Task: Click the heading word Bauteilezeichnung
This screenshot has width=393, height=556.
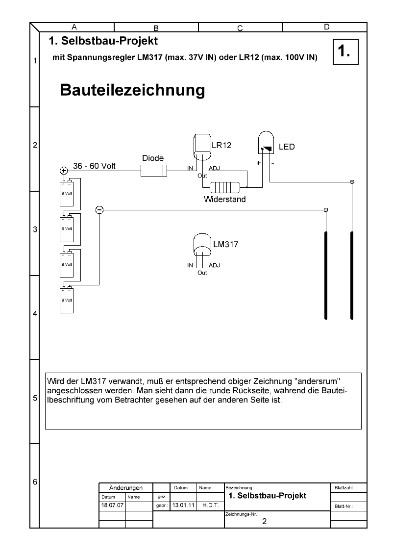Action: point(132,90)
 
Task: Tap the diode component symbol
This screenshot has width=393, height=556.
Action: point(153,171)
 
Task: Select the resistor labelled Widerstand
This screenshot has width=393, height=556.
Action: point(224,187)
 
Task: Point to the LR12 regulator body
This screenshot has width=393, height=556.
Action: point(202,146)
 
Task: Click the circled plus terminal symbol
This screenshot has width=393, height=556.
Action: point(64,171)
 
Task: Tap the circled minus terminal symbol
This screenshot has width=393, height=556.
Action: point(99,210)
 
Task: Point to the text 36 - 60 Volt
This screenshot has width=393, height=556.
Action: point(94,166)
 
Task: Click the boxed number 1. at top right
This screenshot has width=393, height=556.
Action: point(345,51)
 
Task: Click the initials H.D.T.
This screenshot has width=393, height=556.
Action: point(210,505)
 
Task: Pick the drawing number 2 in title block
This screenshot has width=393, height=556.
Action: point(264,522)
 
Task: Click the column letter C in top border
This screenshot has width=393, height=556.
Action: point(240,28)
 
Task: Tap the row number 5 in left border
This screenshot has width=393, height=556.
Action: point(35,399)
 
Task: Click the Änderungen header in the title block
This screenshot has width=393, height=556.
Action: point(126,488)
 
